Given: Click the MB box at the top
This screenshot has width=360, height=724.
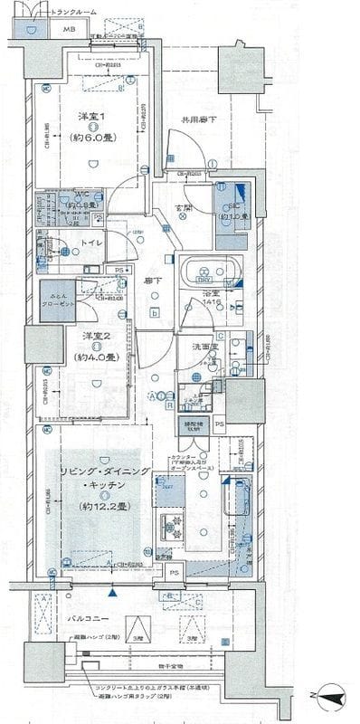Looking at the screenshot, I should [x=68, y=30].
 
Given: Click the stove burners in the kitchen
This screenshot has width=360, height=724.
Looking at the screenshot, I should [x=173, y=528].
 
